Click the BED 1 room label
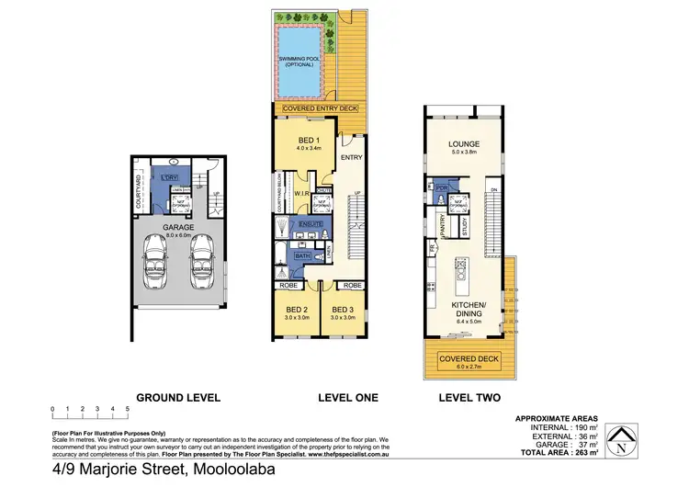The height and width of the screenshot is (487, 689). (306, 138)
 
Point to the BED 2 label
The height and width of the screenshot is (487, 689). (295, 309)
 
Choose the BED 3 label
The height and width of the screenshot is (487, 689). (343, 309)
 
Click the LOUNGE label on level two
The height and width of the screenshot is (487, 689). (465, 144)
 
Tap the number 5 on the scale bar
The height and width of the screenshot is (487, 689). (126, 407)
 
